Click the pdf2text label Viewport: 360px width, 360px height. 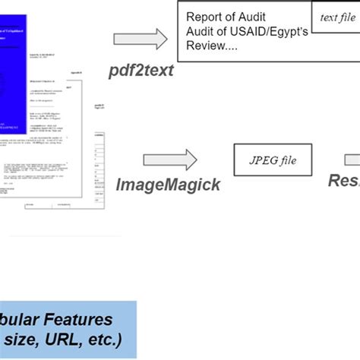[142, 71]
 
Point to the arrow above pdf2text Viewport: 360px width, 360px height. [140, 39]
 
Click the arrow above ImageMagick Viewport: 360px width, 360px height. [170, 160]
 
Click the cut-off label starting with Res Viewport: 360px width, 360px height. [343, 181]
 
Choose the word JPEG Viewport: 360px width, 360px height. [262, 160]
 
